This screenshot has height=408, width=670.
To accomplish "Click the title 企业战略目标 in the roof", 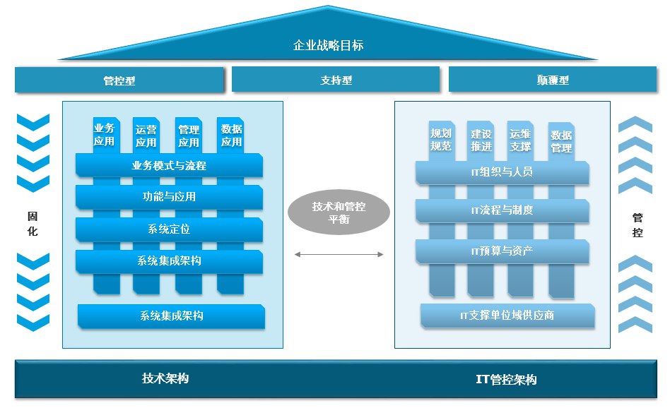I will tap(329, 46).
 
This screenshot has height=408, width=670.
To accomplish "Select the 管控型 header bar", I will tap(119, 80).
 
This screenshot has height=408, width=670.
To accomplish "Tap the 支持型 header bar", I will tap(336, 80).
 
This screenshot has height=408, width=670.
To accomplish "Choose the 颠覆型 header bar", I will tap(552, 80).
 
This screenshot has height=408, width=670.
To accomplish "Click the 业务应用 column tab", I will tap(104, 134).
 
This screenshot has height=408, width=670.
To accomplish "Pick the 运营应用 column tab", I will tap(146, 136).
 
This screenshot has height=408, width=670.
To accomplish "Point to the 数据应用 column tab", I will tap(231, 135).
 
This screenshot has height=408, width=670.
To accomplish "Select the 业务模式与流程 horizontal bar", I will tap(169, 166).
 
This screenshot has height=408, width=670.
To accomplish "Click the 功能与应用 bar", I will tap(169, 197).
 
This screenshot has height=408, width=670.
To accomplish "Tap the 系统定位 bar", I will tap(169, 229).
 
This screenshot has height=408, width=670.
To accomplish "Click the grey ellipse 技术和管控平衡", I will tap(339, 212).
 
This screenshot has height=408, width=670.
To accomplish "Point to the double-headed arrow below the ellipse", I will tap(339, 254).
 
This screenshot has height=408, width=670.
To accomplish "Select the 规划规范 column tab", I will tap(440, 139).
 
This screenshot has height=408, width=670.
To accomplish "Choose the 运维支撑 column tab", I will tap(519, 139).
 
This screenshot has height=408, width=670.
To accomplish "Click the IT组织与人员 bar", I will tap(502, 172).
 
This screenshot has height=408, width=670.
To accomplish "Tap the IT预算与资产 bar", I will tap(502, 251).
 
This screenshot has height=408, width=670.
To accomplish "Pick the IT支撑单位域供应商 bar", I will tap(507, 316).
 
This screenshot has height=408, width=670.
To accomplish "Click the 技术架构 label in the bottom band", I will tap(165, 378).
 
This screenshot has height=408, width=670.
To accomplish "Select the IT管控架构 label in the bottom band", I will tap(506, 380).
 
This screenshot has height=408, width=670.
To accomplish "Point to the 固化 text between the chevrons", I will tap(33, 222).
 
